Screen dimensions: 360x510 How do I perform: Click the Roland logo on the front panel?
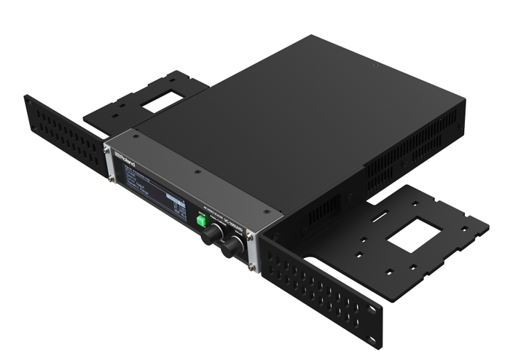pyautogui.click(x=124, y=155)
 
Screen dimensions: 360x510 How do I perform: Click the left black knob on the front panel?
pyautogui.click(x=213, y=233)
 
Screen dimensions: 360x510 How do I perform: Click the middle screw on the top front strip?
pyautogui.click(x=196, y=173)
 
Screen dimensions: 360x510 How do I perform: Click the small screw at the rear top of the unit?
pyautogui.click(x=374, y=65)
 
